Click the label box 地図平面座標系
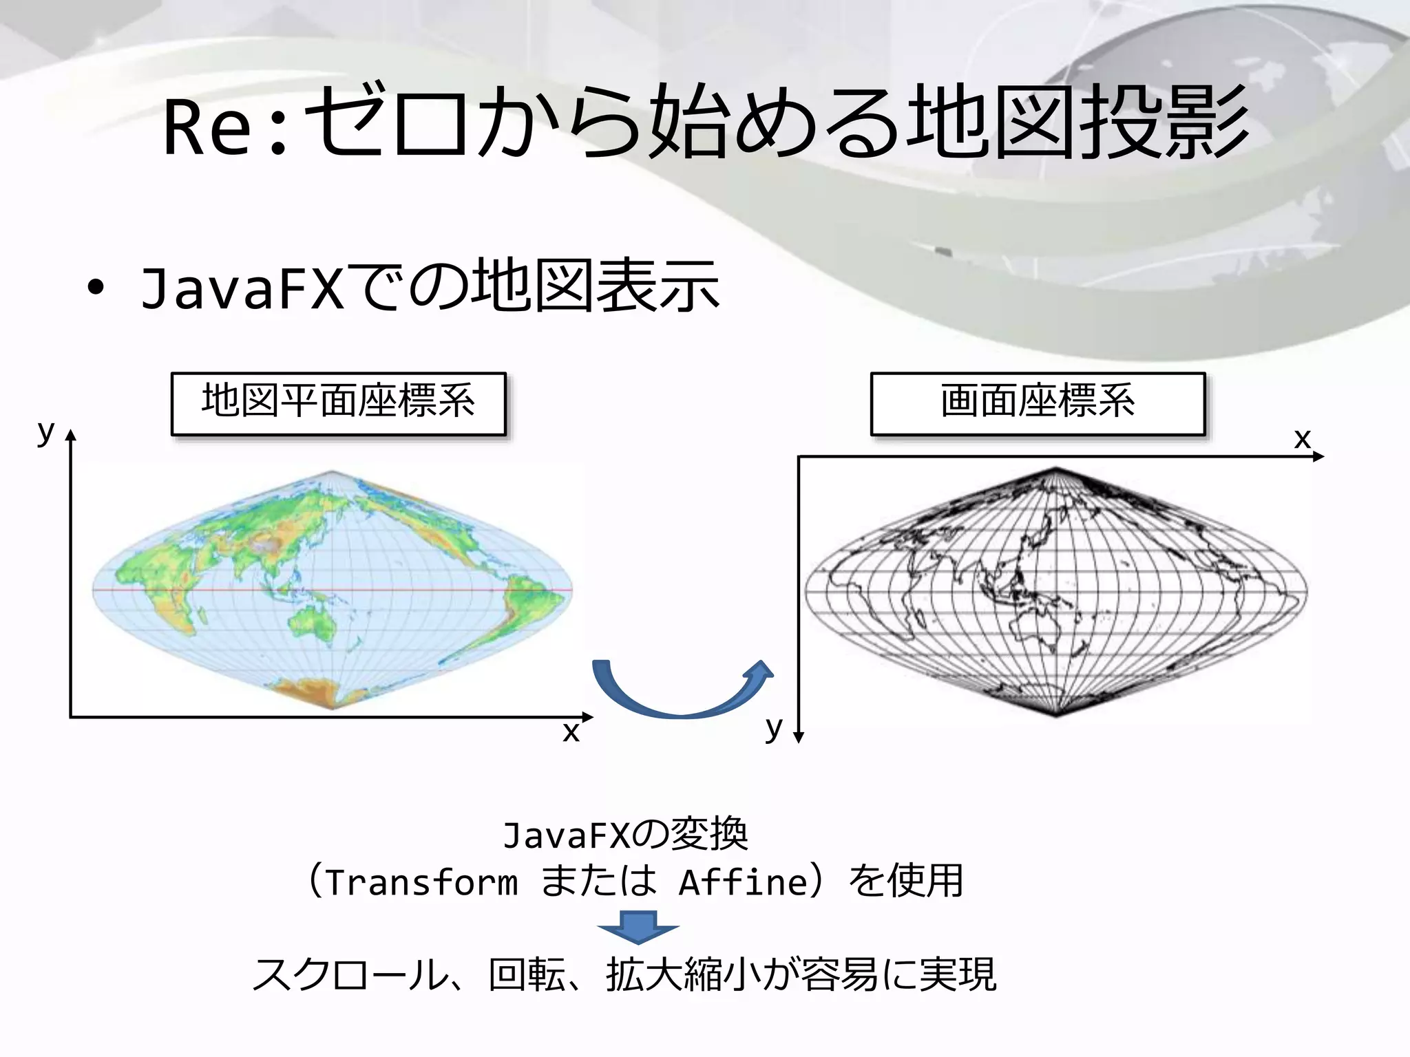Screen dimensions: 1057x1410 [338, 403]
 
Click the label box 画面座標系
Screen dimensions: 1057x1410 [1038, 403]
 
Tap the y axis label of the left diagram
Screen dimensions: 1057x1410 [45, 432]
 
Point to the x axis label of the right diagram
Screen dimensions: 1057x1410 [1302, 438]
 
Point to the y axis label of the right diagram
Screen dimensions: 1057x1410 [774, 727]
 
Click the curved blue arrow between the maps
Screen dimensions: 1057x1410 [682, 695]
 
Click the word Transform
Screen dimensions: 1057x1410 [421, 882]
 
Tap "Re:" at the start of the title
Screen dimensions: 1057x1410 [224, 127]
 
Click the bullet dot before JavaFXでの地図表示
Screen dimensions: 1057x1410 [96, 288]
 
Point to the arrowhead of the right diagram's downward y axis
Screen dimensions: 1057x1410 [799, 738]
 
